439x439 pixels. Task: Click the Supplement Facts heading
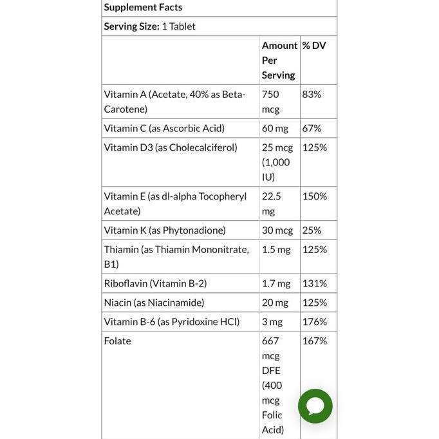pyautogui.click(x=143, y=8)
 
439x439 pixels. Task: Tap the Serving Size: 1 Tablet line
pyautogui.click(x=149, y=26)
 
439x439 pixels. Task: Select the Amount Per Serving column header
pyautogui.click(x=279, y=60)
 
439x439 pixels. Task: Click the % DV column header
pyautogui.click(x=314, y=46)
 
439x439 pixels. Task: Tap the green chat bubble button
pyautogui.click(x=315, y=406)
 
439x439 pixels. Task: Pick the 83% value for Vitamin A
pyautogui.click(x=312, y=94)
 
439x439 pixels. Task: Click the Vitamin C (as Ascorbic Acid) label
pyautogui.click(x=164, y=128)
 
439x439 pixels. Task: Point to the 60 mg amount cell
pyautogui.click(x=275, y=128)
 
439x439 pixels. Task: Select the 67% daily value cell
pyautogui.click(x=312, y=128)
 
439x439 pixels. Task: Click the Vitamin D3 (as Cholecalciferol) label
pyautogui.click(x=171, y=147)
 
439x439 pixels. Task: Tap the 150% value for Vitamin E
pyautogui.click(x=314, y=196)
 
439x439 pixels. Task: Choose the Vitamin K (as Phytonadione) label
pyautogui.click(x=165, y=230)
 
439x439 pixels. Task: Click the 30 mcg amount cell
pyautogui.click(x=277, y=230)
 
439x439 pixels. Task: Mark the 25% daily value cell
pyautogui.click(x=312, y=230)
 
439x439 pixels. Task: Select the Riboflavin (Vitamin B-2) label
pyautogui.click(x=155, y=283)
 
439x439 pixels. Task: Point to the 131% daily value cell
pyautogui.click(x=314, y=283)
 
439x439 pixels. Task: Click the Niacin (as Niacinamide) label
pyautogui.click(x=154, y=303)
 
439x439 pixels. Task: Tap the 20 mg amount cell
pyautogui.click(x=275, y=303)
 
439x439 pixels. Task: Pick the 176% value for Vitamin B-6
pyautogui.click(x=314, y=322)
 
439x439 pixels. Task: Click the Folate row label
pyautogui.click(x=117, y=341)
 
